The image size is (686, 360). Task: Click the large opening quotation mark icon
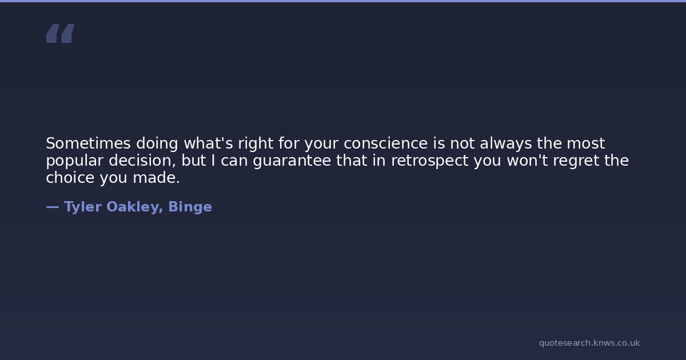tap(61, 33)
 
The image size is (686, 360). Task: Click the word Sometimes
tap(88, 143)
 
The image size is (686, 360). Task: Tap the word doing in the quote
tap(157, 144)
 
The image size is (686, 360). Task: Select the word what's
tap(208, 143)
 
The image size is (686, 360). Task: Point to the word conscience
tap(385, 143)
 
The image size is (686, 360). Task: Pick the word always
tap(505, 144)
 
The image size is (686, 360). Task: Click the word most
tap(586, 143)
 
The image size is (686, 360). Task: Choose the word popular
tap(75, 161)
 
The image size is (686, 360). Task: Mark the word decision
tap(142, 161)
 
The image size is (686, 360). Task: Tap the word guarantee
tap(292, 161)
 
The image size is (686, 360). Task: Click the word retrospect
tap(430, 161)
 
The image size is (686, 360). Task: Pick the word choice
tap(70, 178)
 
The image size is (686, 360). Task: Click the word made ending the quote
tap(156, 178)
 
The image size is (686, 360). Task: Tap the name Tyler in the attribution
tap(83, 207)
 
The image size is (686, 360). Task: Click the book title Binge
tap(190, 207)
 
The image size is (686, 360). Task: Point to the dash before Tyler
tap(53, 207)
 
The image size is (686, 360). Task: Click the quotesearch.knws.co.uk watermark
tap(589, 343)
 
